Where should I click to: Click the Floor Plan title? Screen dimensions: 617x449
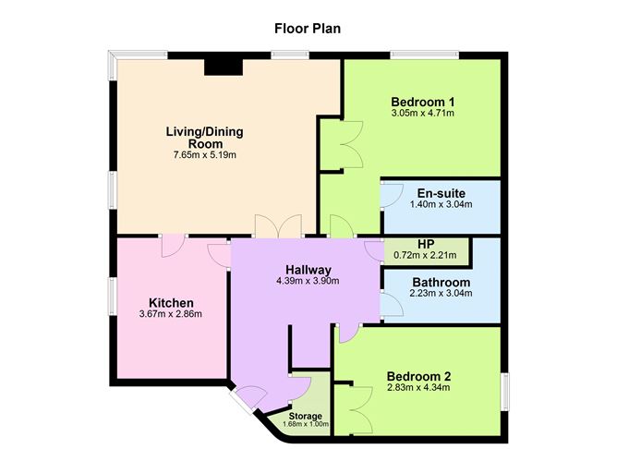pos(308,29)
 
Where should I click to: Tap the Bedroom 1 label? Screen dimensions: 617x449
pos(423,102)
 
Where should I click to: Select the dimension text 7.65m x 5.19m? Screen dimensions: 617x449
pos(205,154)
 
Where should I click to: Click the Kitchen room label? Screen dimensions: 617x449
pos(171,303)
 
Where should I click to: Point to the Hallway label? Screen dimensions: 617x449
pos(308,270)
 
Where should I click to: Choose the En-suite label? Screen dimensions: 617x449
pos(442,193)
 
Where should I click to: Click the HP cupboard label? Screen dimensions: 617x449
pos(426,244)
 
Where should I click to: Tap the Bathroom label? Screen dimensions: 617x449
pos(442,282)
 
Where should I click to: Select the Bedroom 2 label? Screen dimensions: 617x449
pos(418,376)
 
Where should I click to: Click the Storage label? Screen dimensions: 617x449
pos(306,416)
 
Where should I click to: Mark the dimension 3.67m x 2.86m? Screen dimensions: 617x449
pos(170,314)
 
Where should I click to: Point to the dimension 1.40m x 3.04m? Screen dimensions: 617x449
pos(442,204)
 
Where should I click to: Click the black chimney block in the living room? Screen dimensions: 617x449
pos(224,67)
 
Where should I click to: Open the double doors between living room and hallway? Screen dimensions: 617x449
pos(279,226)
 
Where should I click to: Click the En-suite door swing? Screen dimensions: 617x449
pos(392,195)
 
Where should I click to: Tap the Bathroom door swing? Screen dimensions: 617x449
pos(392,304)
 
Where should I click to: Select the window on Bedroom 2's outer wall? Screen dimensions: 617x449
pos(504,392)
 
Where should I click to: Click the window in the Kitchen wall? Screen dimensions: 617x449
pos(113,297)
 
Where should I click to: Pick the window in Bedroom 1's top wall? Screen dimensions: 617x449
pos(425,55)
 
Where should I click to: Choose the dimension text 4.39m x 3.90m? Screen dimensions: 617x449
pos(308,281)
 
